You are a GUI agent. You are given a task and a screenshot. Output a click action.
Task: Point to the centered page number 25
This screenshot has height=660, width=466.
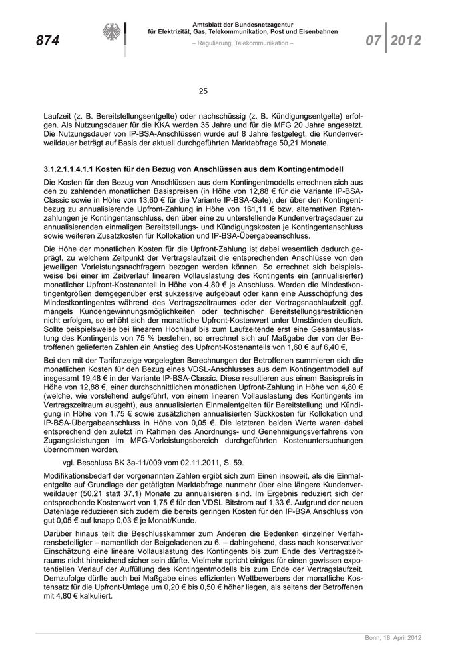(204, 91)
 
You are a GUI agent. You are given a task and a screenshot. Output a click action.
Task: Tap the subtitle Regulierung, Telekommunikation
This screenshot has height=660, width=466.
(242, 43)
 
